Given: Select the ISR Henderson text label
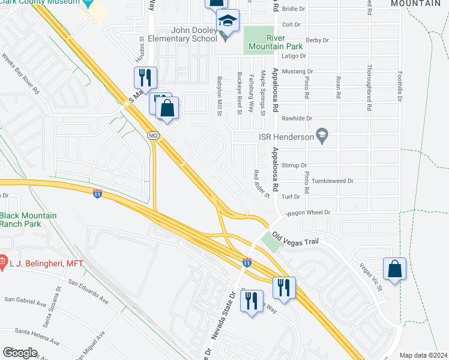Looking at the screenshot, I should pos(286,136).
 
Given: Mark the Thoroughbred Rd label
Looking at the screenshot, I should pos(369,88).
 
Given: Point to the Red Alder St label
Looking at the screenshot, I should pos(261,184).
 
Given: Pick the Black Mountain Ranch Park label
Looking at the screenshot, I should pos(28,220).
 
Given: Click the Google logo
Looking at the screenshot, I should pos(20,353).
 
